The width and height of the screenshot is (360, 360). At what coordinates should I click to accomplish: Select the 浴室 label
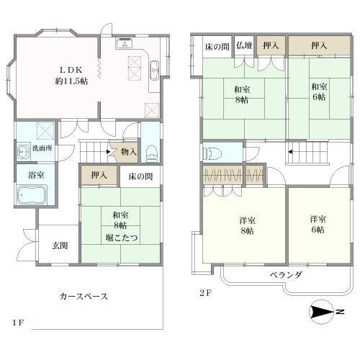click(x=26, y=175)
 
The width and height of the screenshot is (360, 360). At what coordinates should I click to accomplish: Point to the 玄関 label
click(x=60, y=246)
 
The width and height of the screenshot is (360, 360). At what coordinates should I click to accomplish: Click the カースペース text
click(x=84, y=296)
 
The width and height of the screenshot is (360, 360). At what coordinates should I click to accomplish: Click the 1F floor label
click(x=18, y=322)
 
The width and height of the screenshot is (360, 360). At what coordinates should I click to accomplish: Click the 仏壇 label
click(x=243, y=45)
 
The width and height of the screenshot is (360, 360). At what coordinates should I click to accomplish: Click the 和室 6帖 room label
click(x=318, y=91)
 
